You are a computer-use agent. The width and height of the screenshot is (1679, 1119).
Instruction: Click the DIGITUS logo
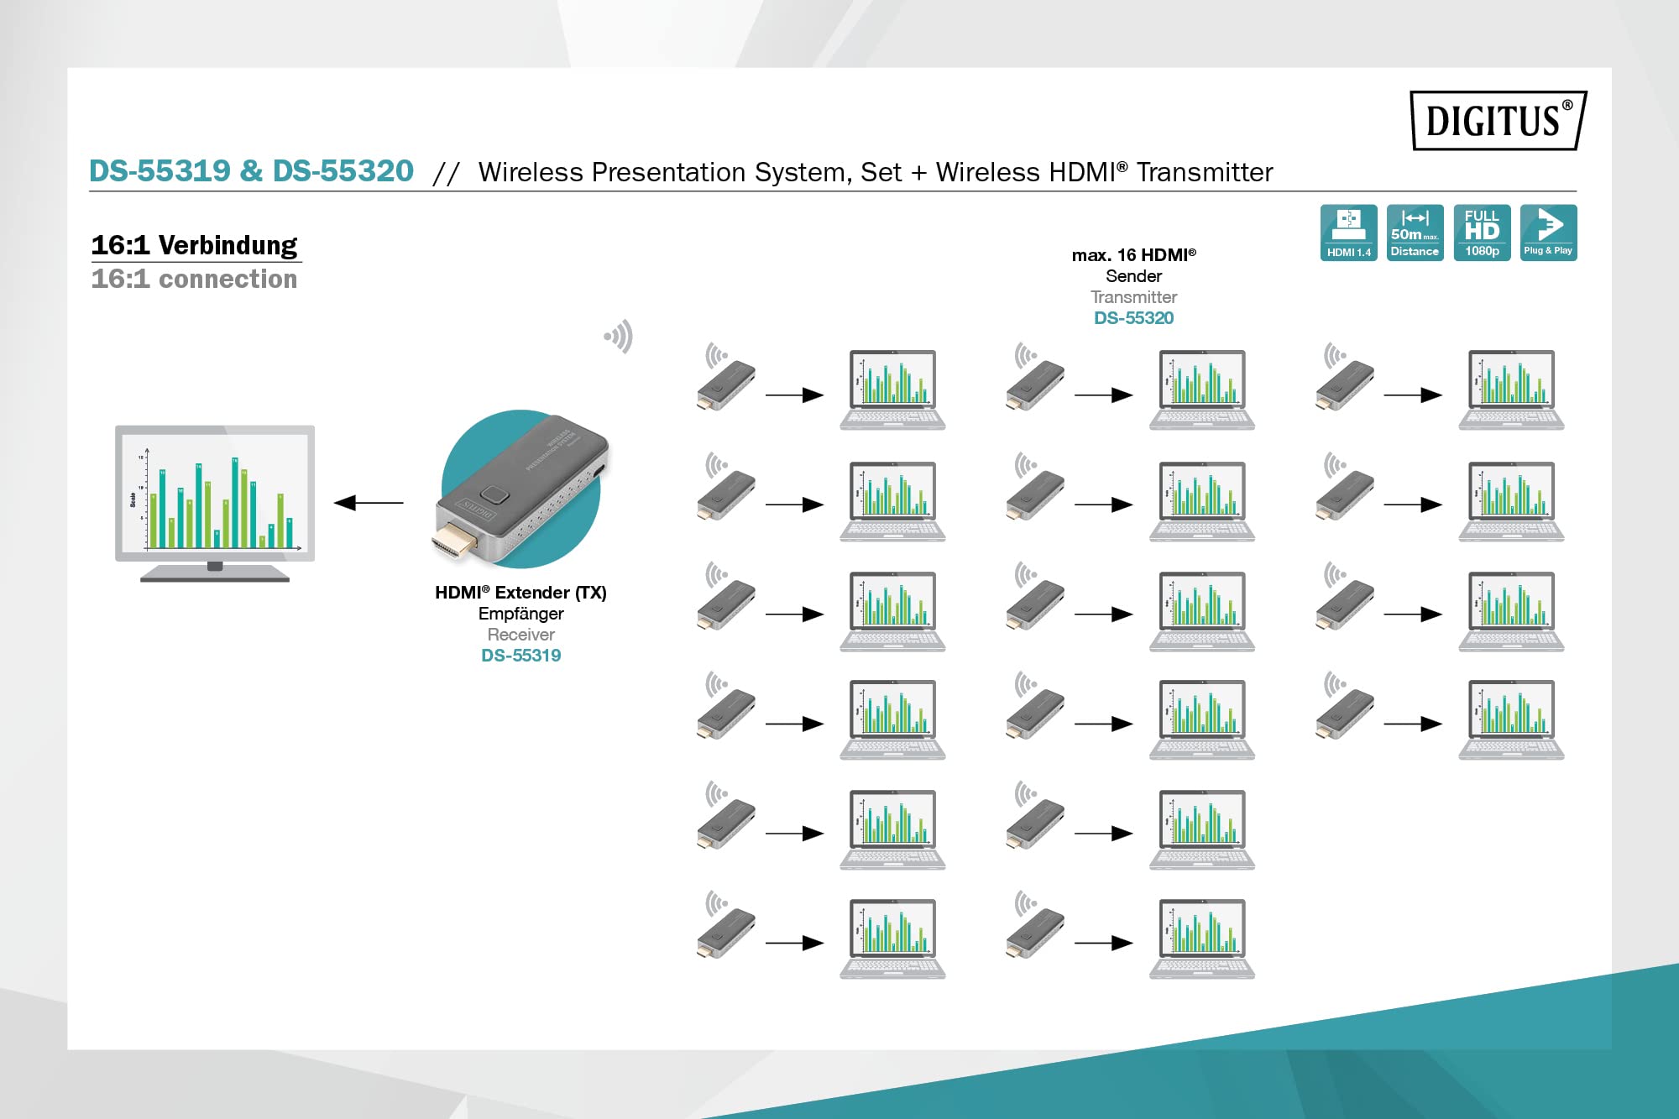click(1498, 121)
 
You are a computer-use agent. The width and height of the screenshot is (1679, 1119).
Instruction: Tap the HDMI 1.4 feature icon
click(1348, 233)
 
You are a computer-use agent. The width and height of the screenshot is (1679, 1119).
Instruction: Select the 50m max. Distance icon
click(1415, 233)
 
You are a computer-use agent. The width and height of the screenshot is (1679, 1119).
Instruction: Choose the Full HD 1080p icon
click(1482, 233)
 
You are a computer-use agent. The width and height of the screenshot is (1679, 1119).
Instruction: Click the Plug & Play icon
click(1548, 233)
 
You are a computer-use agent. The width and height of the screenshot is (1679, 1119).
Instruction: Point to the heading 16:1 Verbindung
click(194, 245)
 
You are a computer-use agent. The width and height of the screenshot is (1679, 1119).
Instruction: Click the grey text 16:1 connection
click(194, 279)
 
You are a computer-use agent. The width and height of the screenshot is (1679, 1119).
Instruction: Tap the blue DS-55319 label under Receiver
click(520, 656)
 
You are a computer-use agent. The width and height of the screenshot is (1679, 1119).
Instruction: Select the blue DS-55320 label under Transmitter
click(1133, 318)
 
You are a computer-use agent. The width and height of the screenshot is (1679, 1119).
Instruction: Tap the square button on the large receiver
click(494, 496)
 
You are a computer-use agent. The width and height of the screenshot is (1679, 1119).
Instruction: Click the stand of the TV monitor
click(215, 573)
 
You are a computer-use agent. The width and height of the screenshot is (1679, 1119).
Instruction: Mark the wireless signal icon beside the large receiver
click(619, 337)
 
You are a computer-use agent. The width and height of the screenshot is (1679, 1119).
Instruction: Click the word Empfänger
click(520, 614)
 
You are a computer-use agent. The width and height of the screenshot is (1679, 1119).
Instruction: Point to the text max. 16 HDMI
click(1133, 255)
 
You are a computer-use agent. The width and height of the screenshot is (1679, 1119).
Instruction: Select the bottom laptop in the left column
click(892, 939)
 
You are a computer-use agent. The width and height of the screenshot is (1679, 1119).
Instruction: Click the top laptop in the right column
click(1511, 390)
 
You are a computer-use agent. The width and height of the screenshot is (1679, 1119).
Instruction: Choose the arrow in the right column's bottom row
click(1412, 724)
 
